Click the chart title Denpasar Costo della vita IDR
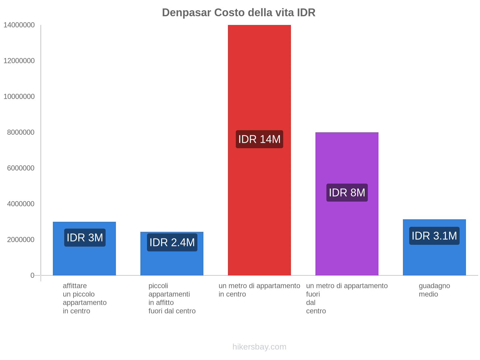(238, 13)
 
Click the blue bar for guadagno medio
(434, 258)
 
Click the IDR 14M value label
(259, 139)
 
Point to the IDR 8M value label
(347, 193)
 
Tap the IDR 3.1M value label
(434, 236)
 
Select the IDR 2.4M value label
(172, 242)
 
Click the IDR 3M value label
(85, 238)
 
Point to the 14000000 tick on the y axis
(19, 25)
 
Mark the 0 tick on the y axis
(32, 275)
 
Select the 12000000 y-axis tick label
(19, 61)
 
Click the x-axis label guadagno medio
(434, 290)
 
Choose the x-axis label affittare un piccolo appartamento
(85, 298)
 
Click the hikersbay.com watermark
(259, 347)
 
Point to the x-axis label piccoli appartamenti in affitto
(172, 298)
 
